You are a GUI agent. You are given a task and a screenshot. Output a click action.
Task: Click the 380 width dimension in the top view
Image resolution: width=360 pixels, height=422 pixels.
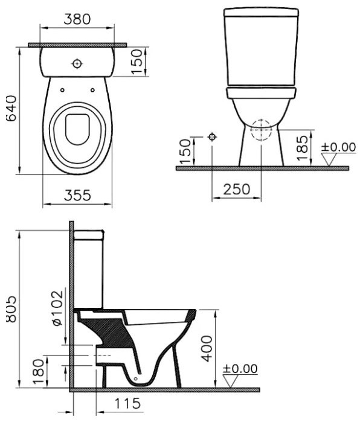click(77, 19)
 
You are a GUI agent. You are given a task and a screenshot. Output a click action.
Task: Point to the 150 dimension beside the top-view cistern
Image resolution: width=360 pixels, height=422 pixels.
click(138, 60)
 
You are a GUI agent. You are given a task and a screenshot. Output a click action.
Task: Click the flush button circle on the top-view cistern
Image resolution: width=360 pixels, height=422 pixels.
click(77, 63)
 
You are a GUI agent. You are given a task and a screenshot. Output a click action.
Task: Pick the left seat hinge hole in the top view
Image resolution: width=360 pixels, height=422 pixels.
click(62, 90)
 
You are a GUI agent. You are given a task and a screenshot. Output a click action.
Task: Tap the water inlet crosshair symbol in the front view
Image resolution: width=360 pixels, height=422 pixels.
click(211, 137)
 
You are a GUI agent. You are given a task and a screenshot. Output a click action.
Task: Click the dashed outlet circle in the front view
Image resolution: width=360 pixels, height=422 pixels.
click(260, 129)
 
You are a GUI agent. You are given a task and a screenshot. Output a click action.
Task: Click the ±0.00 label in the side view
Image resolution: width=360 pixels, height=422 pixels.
click(240, 368)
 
